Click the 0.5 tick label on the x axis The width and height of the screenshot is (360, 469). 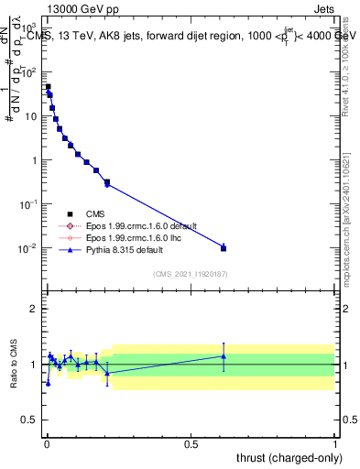(x=191, y=442)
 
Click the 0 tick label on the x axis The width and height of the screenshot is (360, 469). (x=47, y=442)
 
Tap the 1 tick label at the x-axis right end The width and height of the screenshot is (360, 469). (x=334, y=442)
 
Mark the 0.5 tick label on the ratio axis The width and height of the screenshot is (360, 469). (x=30, y=421)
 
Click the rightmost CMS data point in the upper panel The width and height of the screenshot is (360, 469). (x=224, y=248)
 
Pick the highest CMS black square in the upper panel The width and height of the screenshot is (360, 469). (x=48, y=87)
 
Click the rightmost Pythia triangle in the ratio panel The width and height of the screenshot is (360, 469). (x=224, y=356)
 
